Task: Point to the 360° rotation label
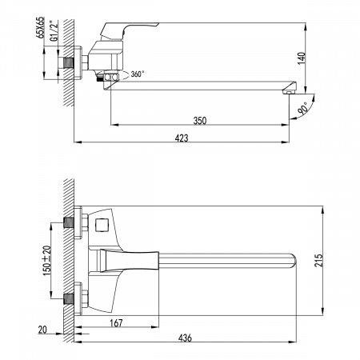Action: pos(136,74)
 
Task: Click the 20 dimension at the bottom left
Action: pos(42,329)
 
